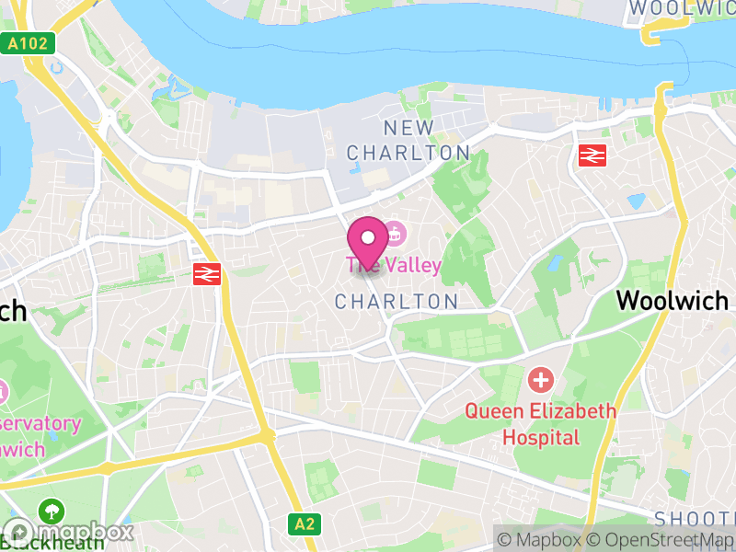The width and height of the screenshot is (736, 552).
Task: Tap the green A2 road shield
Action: click(x=305, y=523)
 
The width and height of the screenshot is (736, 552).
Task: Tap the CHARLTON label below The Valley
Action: click(x=397, y=302)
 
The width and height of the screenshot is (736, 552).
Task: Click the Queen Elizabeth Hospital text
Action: click(x=540, y=423)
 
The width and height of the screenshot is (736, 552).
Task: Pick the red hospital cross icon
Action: click(x=540, y=378)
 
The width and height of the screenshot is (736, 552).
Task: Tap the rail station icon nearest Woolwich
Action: click(x=592, y=155)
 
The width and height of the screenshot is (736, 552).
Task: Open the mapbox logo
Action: click(x=69, y=532)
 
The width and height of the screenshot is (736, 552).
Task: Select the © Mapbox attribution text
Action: click(x=544, y=539)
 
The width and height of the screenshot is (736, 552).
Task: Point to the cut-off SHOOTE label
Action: click(x=695, y=519)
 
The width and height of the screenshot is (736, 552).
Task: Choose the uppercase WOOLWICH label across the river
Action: click(x=681, y=7)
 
